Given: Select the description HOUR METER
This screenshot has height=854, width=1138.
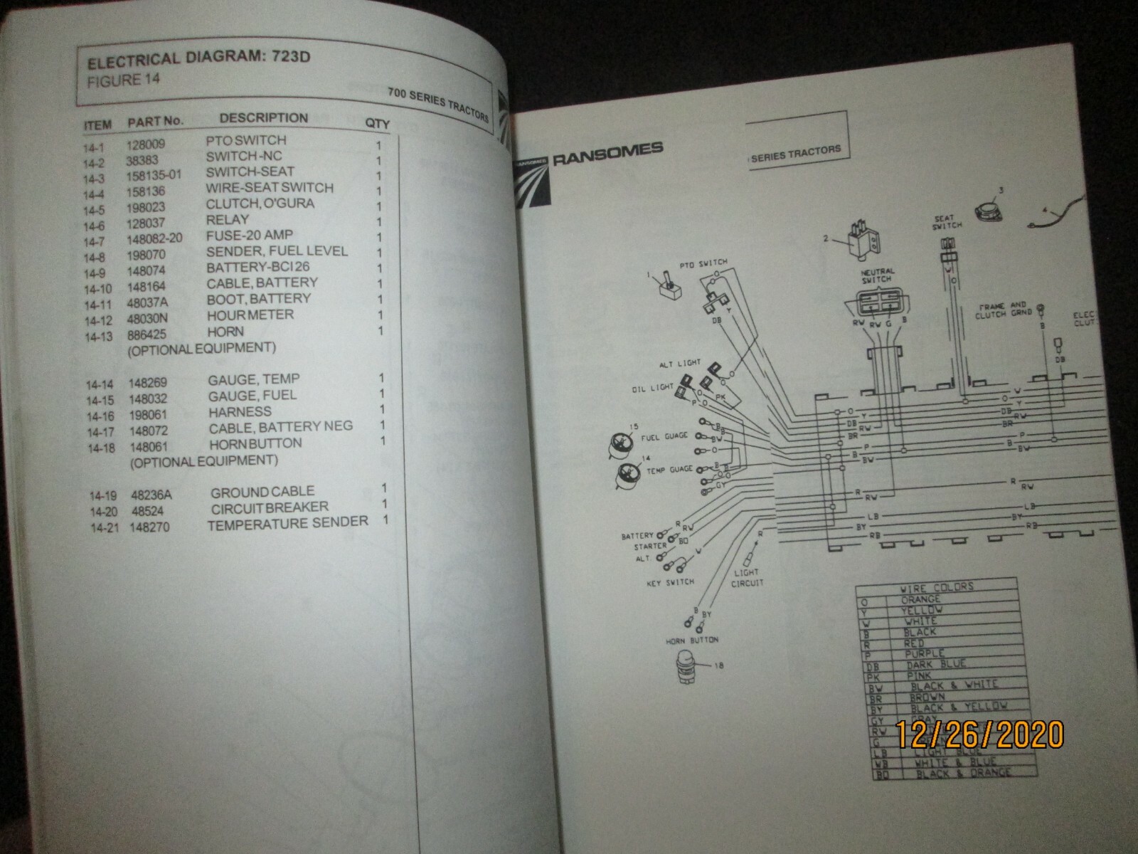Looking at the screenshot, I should (x=250, y=315).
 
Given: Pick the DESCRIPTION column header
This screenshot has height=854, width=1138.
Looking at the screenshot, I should (x=263, y=118).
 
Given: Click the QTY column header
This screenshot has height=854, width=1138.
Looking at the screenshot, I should (x=377, y=123).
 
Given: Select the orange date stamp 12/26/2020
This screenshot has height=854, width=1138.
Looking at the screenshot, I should (x=979, y=734).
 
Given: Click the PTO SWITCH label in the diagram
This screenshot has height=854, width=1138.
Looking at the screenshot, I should (x=703, y=264).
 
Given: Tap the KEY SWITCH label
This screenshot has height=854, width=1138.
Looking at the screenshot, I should (x=671, y=581).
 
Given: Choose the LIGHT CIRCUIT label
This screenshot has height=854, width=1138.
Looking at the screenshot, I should (x=747, y=577).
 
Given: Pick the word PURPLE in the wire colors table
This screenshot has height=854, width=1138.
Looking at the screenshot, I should (x=925, y=653).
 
